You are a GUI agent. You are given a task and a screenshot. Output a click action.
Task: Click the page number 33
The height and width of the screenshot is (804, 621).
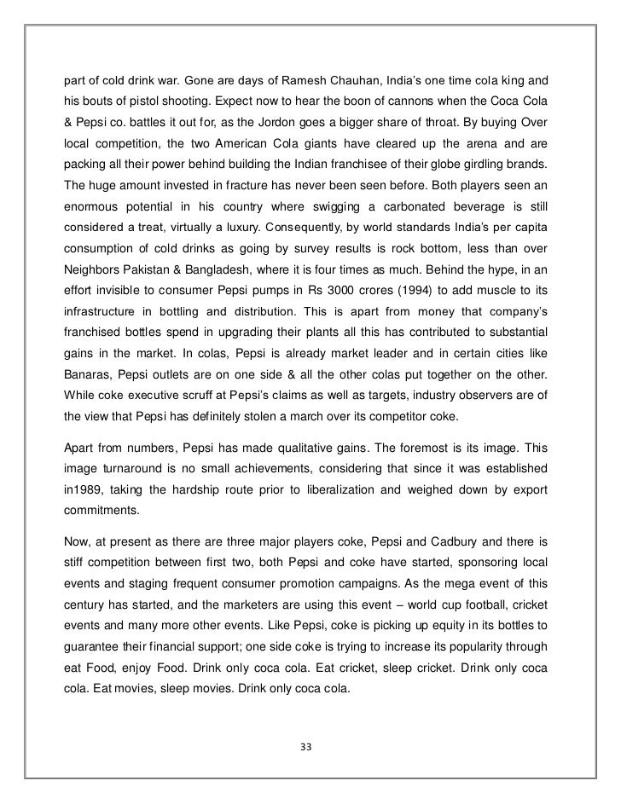tap(307, 747)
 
